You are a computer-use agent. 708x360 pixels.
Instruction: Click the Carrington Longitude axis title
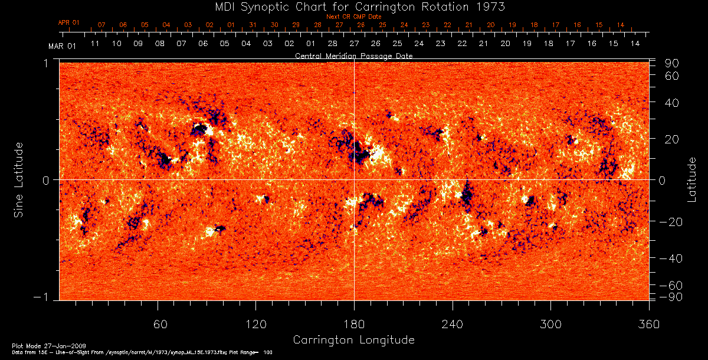(x=353, y=340)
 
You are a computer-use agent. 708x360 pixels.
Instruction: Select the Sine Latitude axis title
(x=19, y=179)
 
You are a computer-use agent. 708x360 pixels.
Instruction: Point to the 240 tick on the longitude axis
(x=453, y=324)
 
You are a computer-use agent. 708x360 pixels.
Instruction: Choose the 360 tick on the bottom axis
(x=649, y=324)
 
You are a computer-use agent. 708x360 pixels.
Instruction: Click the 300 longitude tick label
(x=550, y=324)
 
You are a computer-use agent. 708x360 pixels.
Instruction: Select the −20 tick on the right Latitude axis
(x=671, y=221)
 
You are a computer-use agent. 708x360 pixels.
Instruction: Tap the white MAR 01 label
(x=63, y=45)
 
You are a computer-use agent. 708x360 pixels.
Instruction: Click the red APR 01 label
(x=68, y=22)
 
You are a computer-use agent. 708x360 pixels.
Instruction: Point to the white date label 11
(x=95, y=44)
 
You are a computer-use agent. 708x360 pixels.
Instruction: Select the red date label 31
(x=253, y=25)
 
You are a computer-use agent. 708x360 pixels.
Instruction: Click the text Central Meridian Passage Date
(x=353, y=55)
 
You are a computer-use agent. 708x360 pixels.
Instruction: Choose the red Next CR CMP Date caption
(x=354, y=17)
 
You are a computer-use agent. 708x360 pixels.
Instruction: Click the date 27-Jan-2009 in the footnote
(x=54, y=345)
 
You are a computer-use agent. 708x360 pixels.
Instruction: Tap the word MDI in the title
(x=214, y=6)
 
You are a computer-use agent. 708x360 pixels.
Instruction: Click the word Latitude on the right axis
(x=692, y=179)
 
